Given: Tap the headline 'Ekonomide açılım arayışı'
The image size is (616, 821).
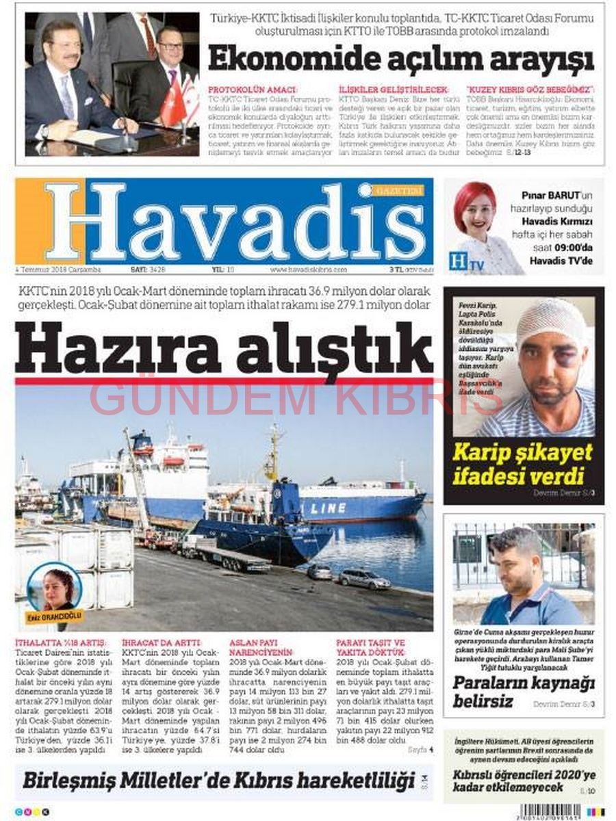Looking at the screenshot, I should click(401, 59).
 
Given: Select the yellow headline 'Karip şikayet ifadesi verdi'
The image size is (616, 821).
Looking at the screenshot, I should click(522, 462).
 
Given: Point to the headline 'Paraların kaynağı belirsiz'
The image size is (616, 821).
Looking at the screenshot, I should click(524, 691).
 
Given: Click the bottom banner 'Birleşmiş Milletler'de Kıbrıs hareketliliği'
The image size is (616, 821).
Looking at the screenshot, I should click(219, 781).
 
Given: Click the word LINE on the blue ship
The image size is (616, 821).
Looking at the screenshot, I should click(328, 508).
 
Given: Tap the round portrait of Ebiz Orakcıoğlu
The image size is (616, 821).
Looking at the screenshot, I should click(54, 588).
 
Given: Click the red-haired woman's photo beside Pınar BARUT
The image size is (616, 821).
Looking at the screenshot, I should click(477, 218).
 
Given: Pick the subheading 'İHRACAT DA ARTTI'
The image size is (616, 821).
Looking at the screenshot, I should click(162, 643).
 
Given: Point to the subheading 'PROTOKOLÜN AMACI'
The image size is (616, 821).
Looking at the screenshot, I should click(253, 90).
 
